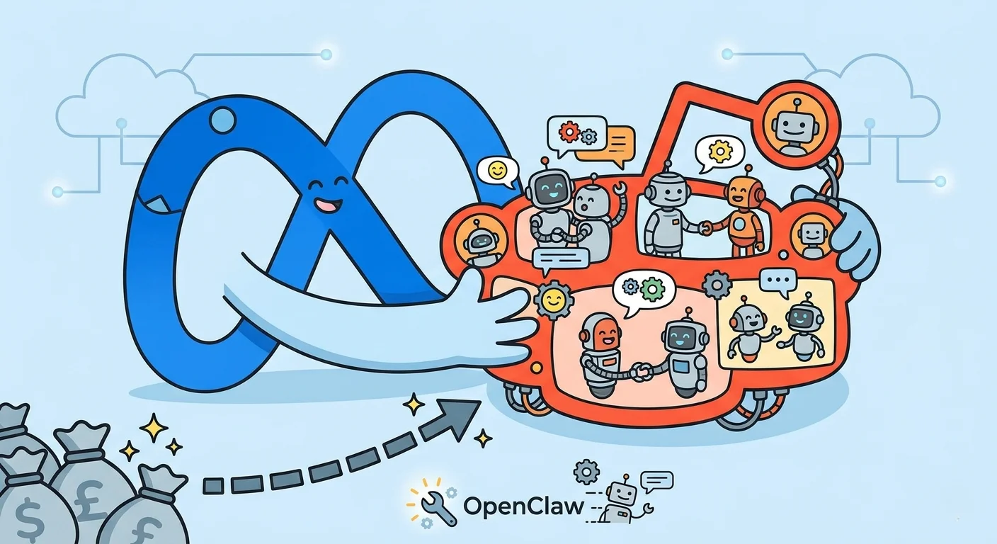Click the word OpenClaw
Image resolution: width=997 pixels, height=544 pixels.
click(524, 506)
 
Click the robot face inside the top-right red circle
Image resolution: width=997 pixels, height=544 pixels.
click(792, 126)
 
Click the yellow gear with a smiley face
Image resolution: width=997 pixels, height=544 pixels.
click(554, 300)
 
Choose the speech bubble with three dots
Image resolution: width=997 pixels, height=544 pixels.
click(777, 281)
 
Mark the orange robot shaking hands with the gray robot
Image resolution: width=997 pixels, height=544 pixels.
click(744, 212)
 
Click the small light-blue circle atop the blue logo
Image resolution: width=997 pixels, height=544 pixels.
click(222, 120)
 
